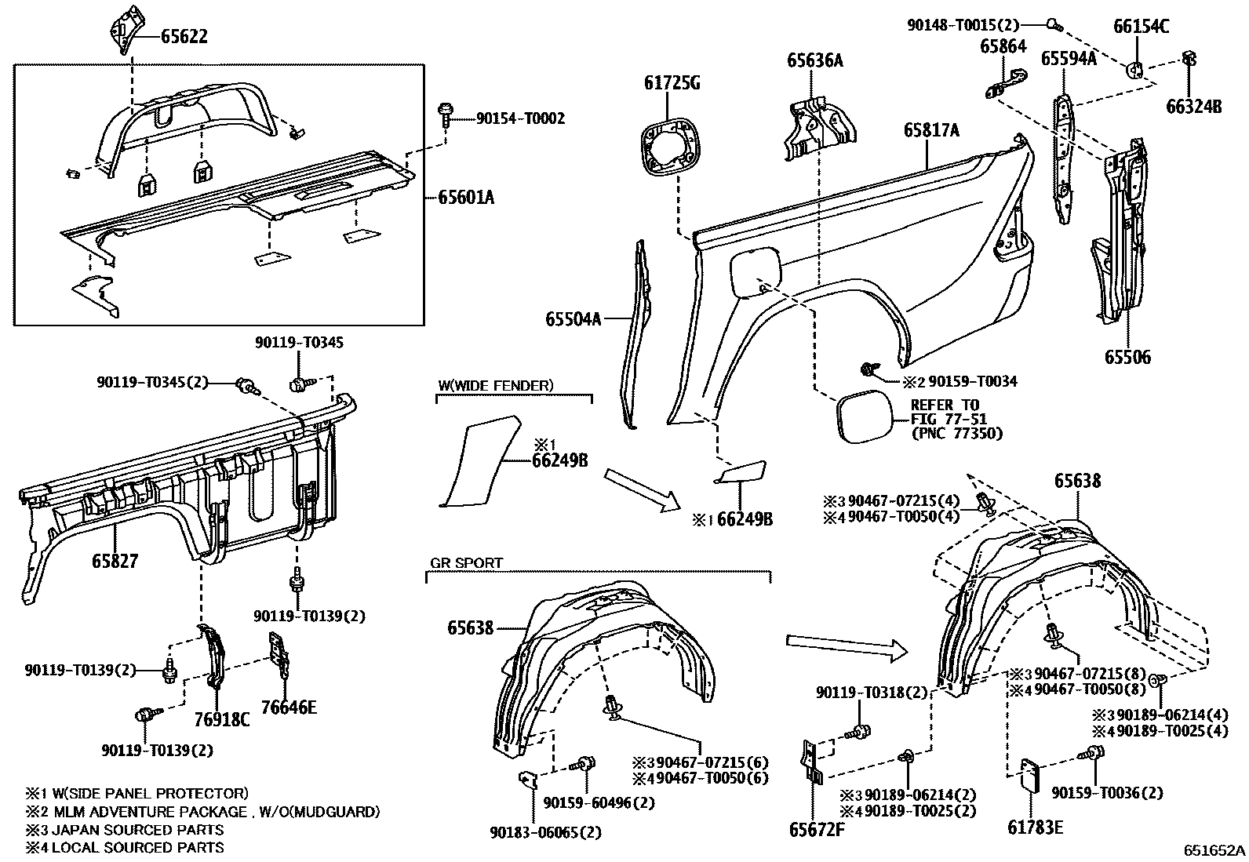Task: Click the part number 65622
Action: click(x=185, y=35)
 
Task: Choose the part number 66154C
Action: click(x=1141, y=27)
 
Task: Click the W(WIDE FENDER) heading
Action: click(x=496, y=385)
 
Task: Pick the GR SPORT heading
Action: click(x=466, y=562)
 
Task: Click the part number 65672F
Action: click(x=816, y=828)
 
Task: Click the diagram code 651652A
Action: click(x=1214, y=851)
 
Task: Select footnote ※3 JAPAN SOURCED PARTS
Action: click(x=126, y=829)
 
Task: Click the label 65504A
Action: click(x=574, y=318)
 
